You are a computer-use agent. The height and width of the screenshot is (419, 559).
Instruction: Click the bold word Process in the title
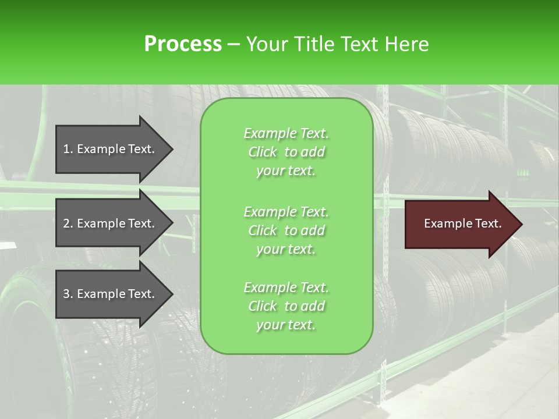pyautogui.click(x=183, y=44)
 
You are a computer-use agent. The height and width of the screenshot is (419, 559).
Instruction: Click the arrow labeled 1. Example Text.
pyautogui.click(x=111, y=149)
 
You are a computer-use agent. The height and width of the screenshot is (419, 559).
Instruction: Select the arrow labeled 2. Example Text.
pyautogui.click(x=111, y=223)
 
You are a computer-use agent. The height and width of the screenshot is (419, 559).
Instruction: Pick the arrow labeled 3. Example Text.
pyautogui.click(x=111, y=294)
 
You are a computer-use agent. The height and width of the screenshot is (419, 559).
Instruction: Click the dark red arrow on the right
pyautogui.click(x=460, y=224)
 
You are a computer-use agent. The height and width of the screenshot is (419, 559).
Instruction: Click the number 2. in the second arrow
pyautogui.click(x=68, y=223)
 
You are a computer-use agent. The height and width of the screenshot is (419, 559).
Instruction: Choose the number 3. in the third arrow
pyautogui.click(x=68, y=294)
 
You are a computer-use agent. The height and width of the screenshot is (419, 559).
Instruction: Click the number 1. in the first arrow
pyautogui.click(x=68, y=149)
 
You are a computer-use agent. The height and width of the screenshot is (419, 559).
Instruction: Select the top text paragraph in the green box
pyautogui.click(x=286, y=152)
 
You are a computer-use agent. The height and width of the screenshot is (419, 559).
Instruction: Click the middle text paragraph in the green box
pyautogui.click(x=286, y=230)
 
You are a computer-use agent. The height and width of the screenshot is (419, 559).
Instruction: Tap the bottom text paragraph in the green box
pyautogui.click(x=286, y=306)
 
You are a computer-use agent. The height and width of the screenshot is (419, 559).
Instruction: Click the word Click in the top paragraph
pyautogui.click(x=263, y=152)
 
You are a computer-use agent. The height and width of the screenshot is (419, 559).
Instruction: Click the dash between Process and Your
pyautogui.click(x=233, y=44)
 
